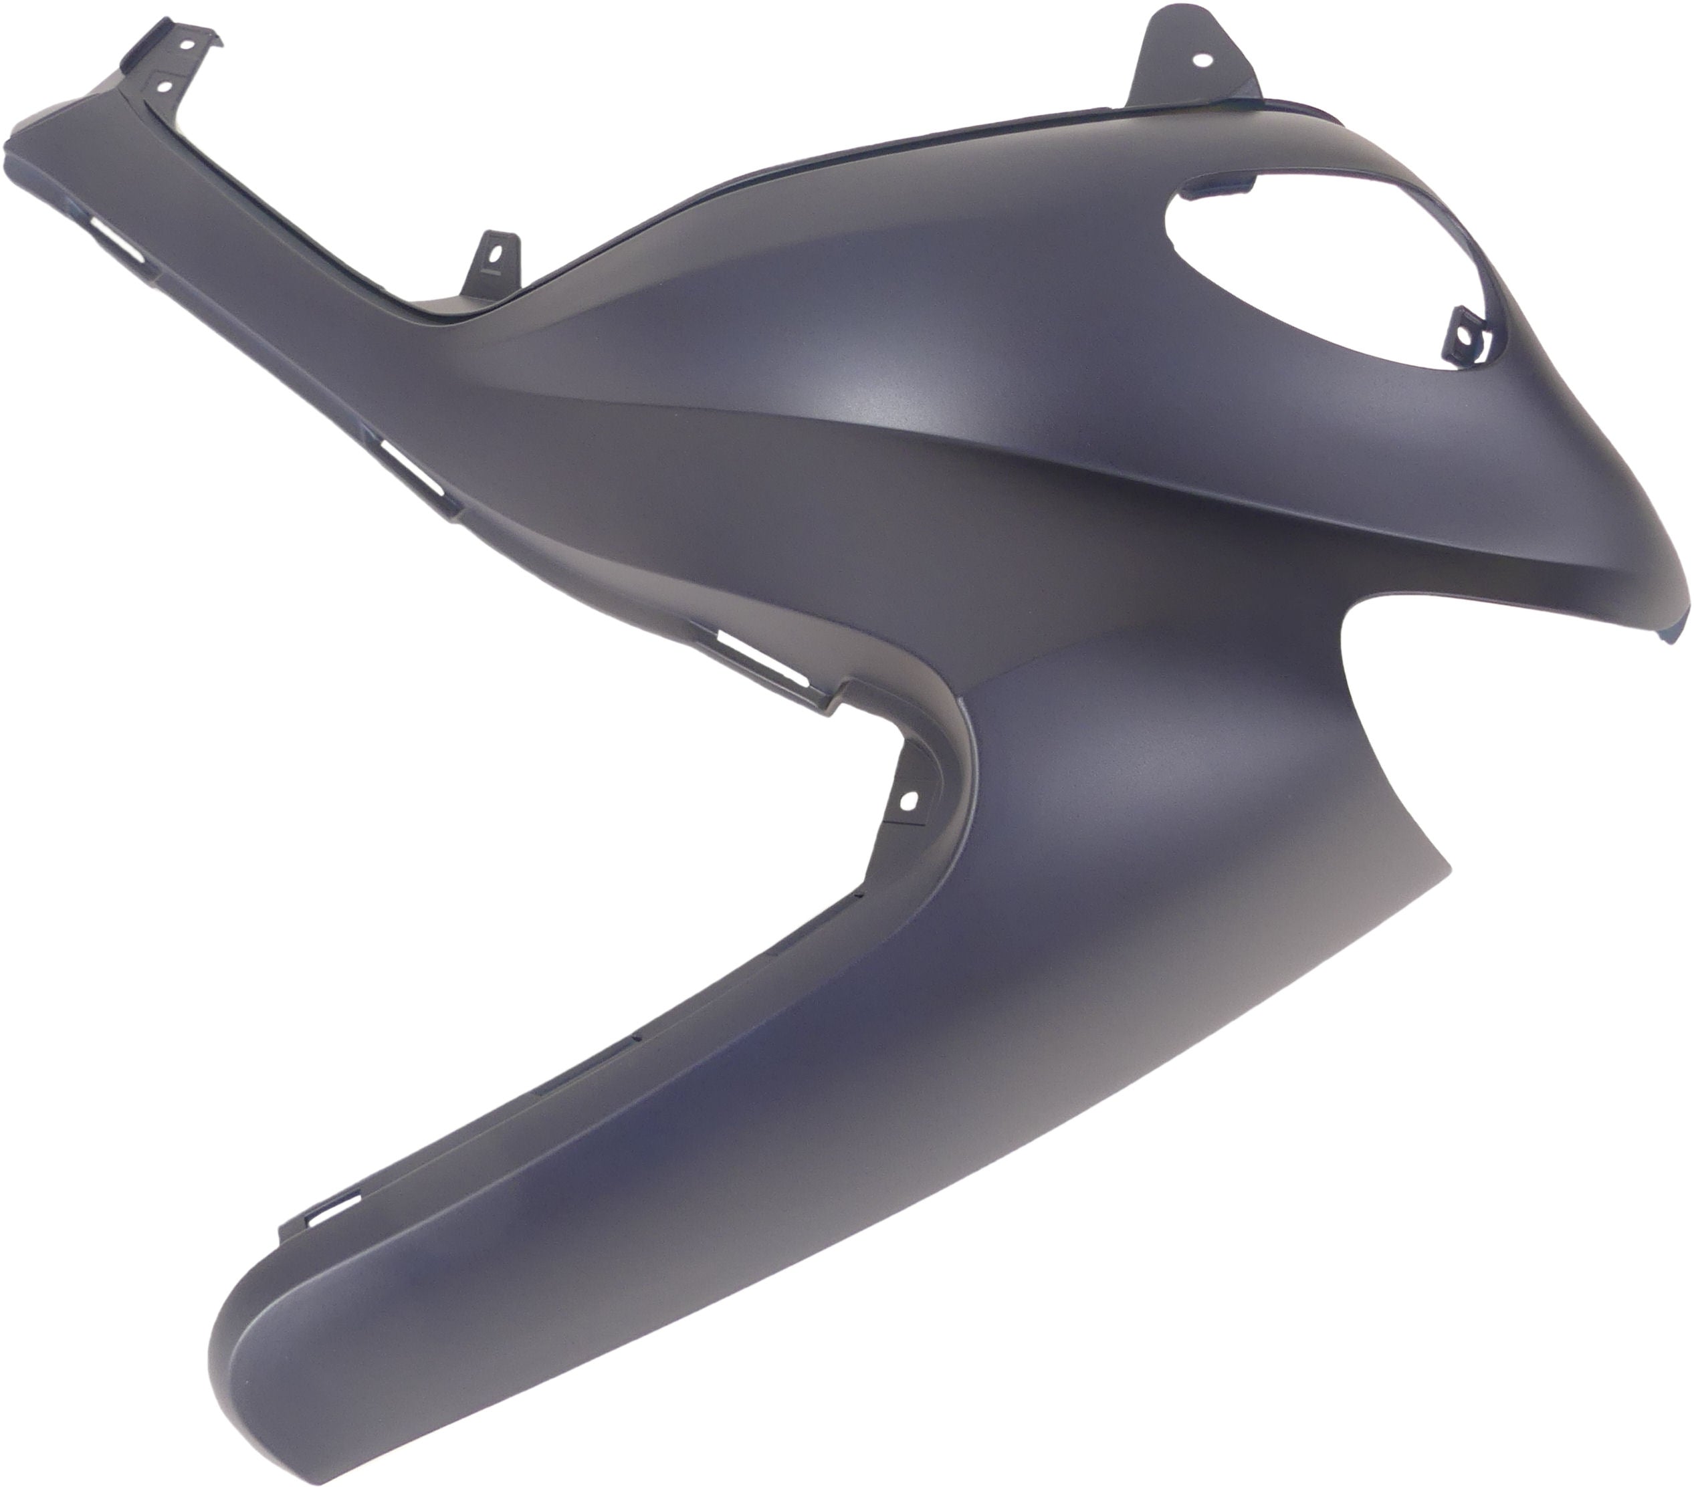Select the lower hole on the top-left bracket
pyautogui.click(x=164, y=84)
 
